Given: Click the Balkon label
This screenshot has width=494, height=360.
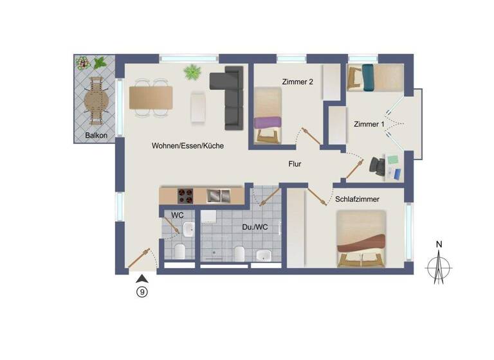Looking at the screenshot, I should point(96,136).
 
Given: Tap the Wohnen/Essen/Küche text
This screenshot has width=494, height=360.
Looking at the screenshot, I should point(188,146).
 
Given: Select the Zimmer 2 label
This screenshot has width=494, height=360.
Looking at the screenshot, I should point(297,82).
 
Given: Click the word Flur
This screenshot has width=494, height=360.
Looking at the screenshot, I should point(295,164).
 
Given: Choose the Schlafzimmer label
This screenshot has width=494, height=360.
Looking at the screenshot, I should point(358,200).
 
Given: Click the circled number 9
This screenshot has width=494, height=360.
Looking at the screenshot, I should point(142,291).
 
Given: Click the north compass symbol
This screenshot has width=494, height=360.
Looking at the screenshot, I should point(439,264).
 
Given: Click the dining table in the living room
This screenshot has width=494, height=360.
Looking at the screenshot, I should point(151,98).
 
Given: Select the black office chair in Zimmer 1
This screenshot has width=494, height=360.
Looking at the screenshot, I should point(379,166).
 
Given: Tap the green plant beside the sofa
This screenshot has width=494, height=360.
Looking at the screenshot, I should point(192,72).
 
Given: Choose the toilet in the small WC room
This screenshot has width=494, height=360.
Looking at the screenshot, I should point(180,250).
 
